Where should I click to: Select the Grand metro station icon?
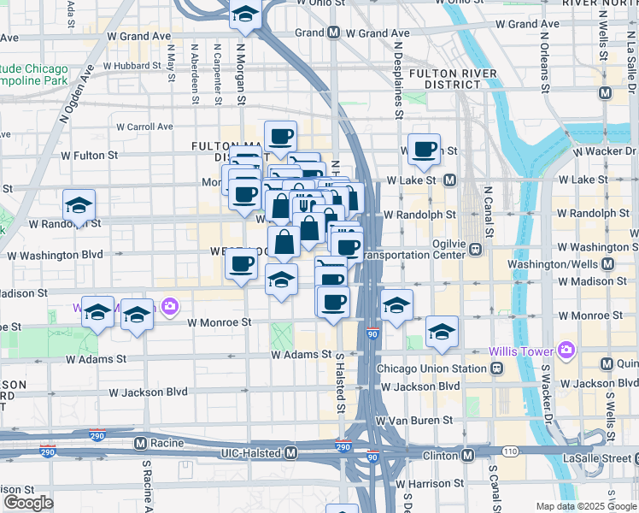pyautogui.click(x=333, y=33)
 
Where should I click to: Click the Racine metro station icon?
pyautogui.click(x=141, y=443)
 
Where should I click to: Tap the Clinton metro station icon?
pyautogui.click(x=467, y=455)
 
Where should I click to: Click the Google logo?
pyautogui.click(x=28, y=502)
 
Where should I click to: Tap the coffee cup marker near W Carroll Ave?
pyautogui.click(x=279, y=137)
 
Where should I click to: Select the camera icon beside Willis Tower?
pyautogui.click(x=565, y=350)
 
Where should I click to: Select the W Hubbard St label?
pyautogui.click(x=132, y=65)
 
